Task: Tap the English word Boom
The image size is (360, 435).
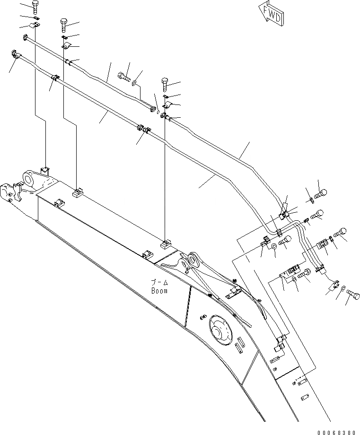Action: pos(159,291)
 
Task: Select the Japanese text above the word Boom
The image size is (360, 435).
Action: pos(159,283)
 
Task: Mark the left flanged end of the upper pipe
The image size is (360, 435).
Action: pos(26,37)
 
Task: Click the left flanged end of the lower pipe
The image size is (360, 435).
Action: pos(13,54)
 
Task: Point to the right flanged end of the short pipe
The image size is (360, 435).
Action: pos(153,110)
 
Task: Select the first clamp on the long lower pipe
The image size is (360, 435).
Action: pos(55,78)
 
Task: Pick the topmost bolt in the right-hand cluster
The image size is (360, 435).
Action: pos(319,192)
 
